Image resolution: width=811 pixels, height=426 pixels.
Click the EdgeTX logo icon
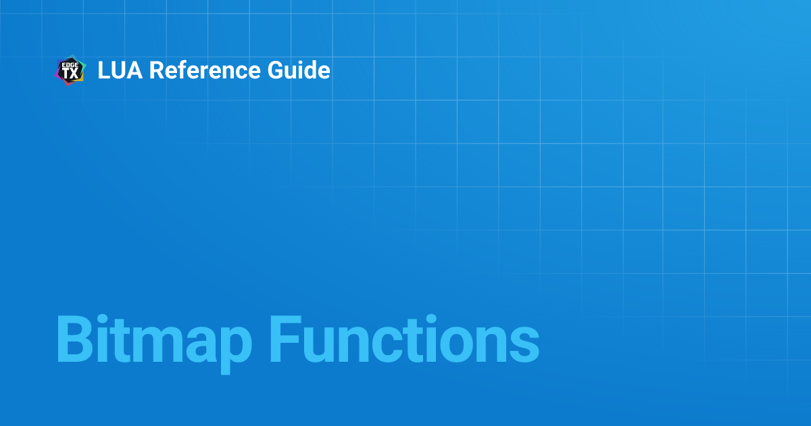[70, 70]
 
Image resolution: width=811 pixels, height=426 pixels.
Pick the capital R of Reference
[156, 70]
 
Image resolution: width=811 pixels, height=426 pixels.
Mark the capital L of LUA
[103, 70]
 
